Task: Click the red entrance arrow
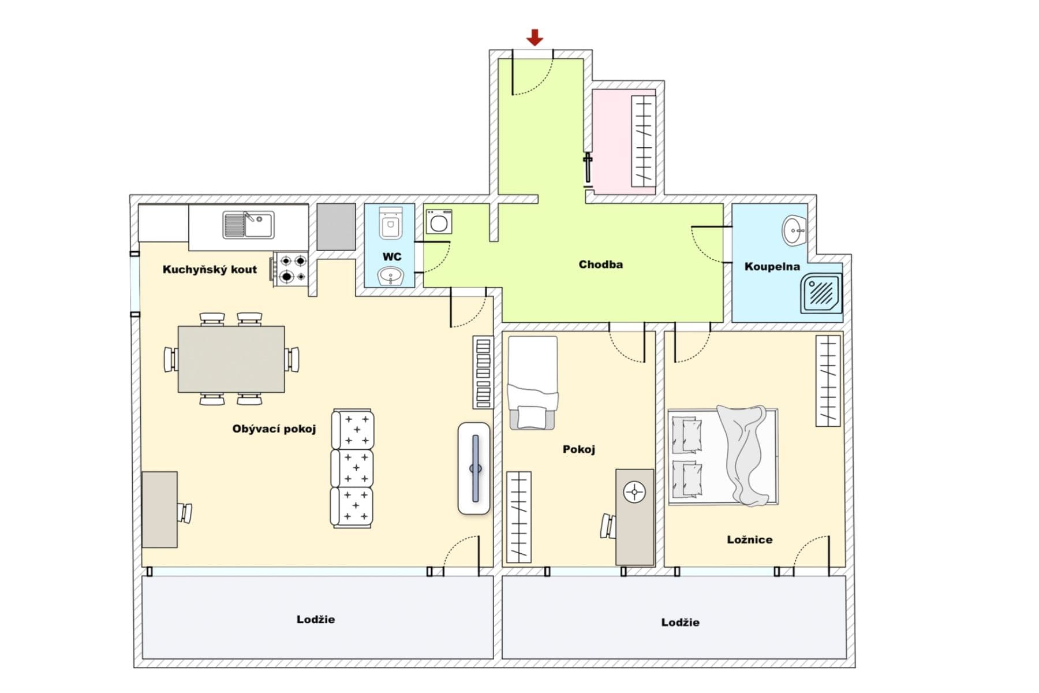click(x=535, y=38)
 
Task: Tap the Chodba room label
click(x=600, y=264)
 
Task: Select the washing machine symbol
click(x=439, y=222)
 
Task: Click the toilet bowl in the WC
click(x=390, y=223)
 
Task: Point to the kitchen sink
click(x=248, y=225)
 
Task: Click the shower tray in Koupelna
click(x=821, y=293)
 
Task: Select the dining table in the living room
click(x=231, y=359)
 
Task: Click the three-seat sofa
click(x=352, y=468)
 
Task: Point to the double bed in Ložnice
click(x=723, y=456)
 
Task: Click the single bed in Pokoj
click(x=532, y=382)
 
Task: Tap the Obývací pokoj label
click(x=274, y=429)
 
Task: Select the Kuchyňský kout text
click(x=209, y=269)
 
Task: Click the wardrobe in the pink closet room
click(x=643, y=141)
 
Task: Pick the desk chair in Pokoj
click(x=608, y=526)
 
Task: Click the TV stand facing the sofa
click(x=474, y=468)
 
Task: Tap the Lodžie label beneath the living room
click(x=315, y=619)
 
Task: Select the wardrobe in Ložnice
click(x=828, y=381)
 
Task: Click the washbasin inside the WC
click(x=391, y=276)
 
